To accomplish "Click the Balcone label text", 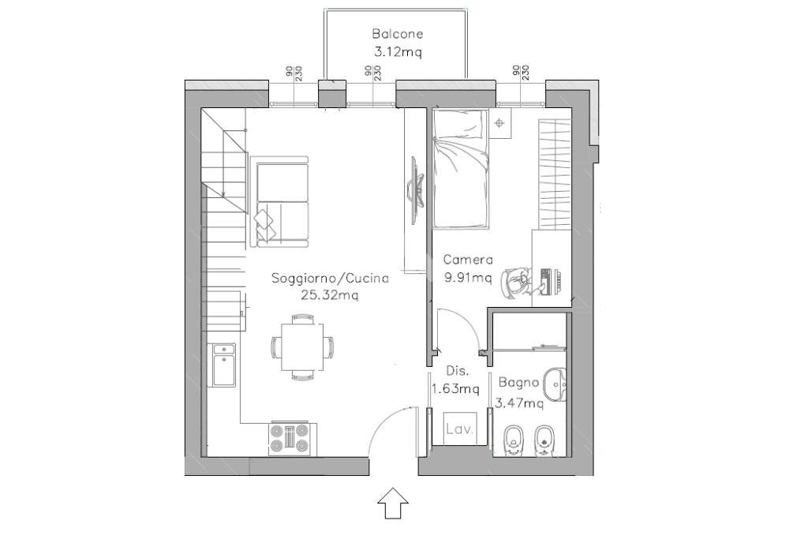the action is (x=398, y=34).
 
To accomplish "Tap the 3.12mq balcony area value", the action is (x=398, y=51).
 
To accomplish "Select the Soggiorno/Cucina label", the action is (x=330, y=279).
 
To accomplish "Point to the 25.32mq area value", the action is (x=330, y=295).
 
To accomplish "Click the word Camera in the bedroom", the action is (x=468, y=260).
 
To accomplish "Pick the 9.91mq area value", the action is (x=468, y=278).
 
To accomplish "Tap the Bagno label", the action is (x=518, y=383).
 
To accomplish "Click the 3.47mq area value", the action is (x=519, y=403).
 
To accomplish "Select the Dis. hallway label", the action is (x=457, y=370).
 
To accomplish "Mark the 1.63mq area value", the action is (x=455, y=388).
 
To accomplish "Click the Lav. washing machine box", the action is (x=460, y=429).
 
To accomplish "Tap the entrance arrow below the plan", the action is (x=393, y=503).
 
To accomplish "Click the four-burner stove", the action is (x=289, y=439).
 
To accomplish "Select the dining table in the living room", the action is (x=302, y=346).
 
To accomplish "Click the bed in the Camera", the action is (x=460, y=169).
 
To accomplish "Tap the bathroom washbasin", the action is (x=555, y=384).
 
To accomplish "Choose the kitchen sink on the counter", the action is (x=223, y=365).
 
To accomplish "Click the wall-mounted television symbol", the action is (x=417, y=190).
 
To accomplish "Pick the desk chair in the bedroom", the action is (x=515, y=283).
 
